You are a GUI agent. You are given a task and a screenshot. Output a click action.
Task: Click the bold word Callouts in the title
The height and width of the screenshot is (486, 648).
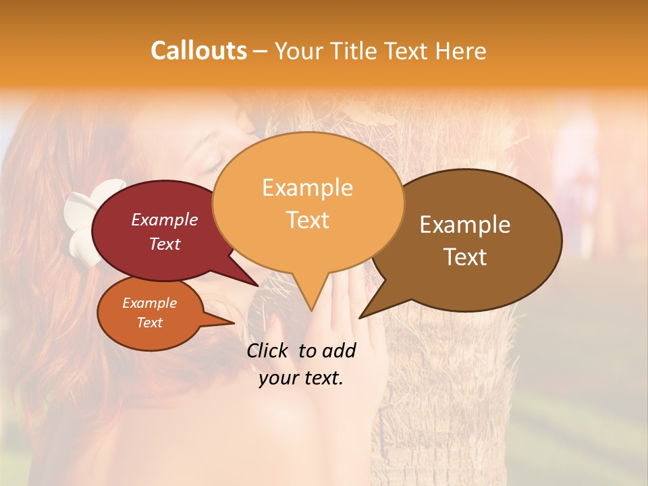click(198, 51)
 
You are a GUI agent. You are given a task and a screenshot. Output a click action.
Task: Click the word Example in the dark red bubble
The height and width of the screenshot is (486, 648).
click(165, 220)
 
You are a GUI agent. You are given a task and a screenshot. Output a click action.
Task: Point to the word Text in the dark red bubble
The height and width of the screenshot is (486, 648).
click(165, 244)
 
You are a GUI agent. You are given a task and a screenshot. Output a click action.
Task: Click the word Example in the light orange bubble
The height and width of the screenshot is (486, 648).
click(307, 188)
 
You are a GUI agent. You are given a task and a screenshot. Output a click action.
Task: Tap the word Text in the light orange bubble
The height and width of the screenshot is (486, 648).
click(307, 220)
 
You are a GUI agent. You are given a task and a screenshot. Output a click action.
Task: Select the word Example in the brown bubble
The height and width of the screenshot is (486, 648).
click(465, 225)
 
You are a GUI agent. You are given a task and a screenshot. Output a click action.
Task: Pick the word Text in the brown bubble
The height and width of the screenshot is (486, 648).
click(466, 257)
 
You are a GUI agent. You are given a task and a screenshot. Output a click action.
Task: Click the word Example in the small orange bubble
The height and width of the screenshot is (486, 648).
click(150, 303)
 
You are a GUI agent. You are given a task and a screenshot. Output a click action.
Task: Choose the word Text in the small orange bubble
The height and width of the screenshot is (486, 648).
click(150, 323)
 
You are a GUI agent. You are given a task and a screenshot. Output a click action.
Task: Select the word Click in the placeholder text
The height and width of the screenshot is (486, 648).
click(269, 351)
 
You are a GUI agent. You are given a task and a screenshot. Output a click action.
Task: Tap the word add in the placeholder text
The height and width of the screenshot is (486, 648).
click(339, 351)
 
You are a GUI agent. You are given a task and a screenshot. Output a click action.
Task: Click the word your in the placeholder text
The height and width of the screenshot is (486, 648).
click(278, 378)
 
